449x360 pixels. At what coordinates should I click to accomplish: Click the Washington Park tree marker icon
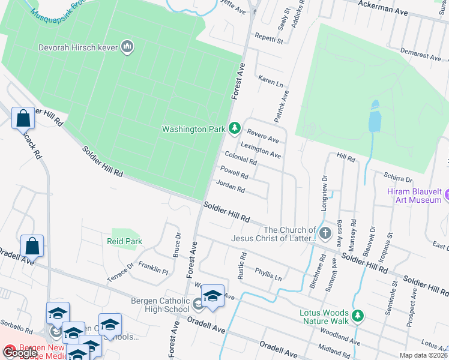[235, 128]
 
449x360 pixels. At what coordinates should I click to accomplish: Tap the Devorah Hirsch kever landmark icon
[127, 47]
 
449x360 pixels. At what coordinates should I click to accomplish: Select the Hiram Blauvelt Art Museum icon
[447, 195]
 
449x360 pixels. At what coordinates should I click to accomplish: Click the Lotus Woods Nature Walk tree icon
[358, 315]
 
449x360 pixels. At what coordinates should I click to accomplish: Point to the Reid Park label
[125, 241]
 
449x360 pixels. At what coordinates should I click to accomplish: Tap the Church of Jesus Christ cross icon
[325, 233]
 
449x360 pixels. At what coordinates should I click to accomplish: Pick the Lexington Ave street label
[261, 150]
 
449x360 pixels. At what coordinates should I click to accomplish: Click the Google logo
[19, 353]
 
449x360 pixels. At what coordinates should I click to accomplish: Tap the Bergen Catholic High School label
[160, 305]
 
